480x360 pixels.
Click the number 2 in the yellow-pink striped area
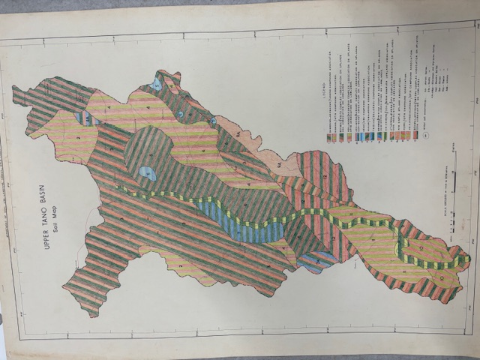pyautogui.click(x=77, y=137)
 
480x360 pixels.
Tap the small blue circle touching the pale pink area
pyautogui.click(x=213, y=120)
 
